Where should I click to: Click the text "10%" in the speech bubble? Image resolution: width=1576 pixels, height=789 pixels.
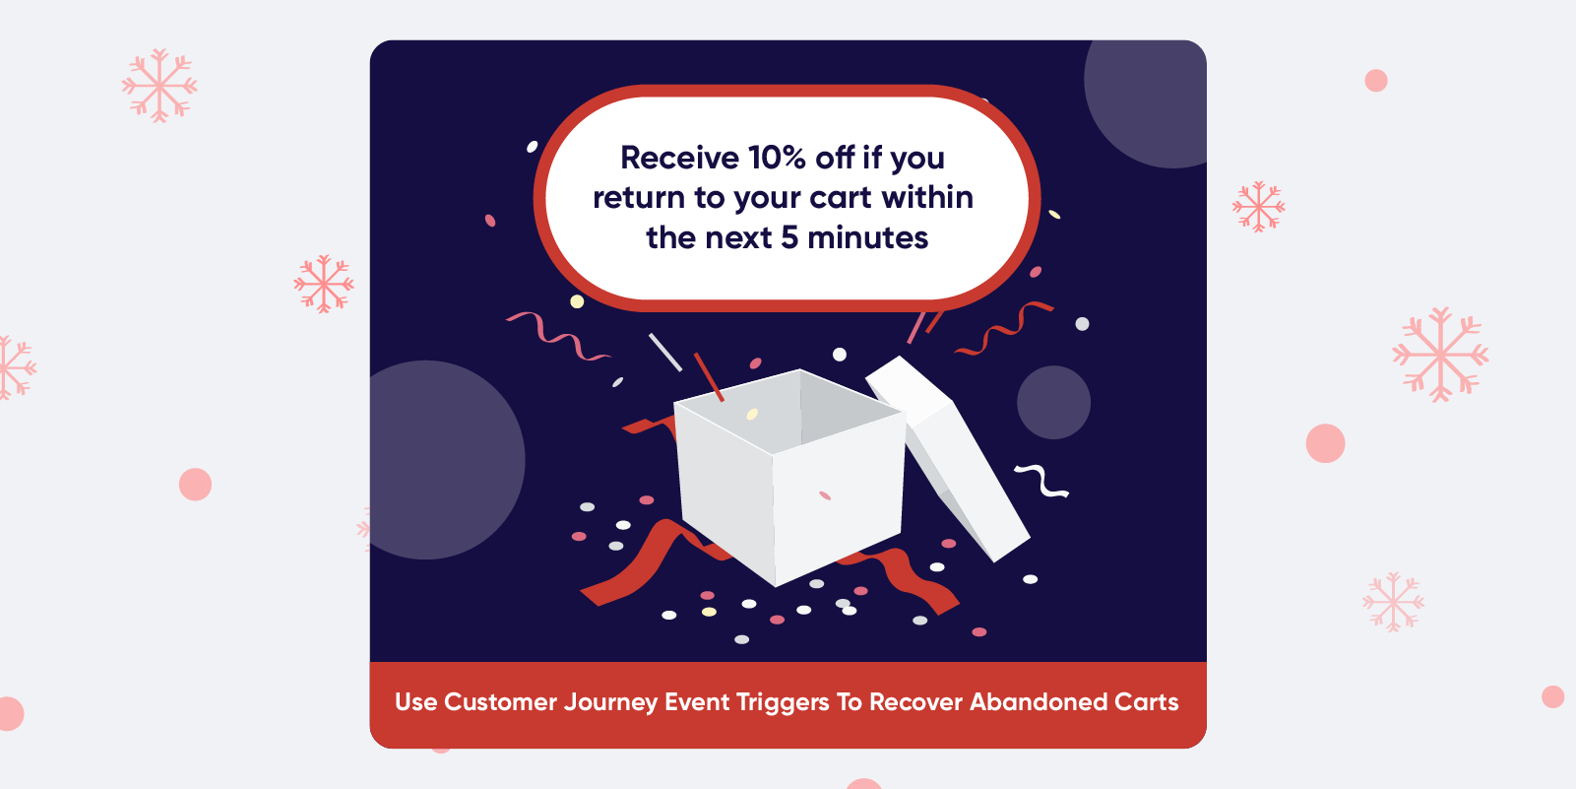(777, 158)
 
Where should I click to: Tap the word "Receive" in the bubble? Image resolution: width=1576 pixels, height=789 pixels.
(679, 158)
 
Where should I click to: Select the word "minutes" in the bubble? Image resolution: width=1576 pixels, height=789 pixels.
(868, 238)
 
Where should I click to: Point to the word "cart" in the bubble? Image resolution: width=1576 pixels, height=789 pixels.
(841, 198)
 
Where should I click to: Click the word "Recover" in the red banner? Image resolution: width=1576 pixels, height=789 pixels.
(915, 701)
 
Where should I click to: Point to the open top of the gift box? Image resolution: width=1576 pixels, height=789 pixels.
(790, 411)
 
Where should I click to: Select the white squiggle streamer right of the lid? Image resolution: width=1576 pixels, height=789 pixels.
(1042, 480)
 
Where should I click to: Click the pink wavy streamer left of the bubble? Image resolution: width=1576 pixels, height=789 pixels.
(558, 336)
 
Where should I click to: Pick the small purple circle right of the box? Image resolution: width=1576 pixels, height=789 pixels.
(1053, 403)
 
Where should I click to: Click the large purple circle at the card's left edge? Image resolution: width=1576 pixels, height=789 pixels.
(443, 460)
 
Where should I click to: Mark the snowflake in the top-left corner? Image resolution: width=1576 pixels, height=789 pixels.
(159, 86)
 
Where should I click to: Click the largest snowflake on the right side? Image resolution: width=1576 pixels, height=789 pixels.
(1440, 354)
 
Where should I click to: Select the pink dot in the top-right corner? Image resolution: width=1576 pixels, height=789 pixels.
(1375, 81)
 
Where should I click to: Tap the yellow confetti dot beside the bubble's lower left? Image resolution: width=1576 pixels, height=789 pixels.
(577, 302)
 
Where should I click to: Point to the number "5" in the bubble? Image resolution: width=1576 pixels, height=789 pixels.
(789, 238)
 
